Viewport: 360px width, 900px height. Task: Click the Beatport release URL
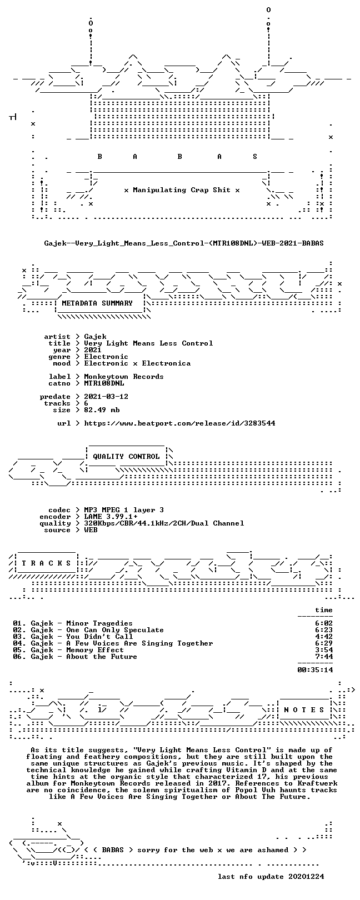click(x=179, y=423)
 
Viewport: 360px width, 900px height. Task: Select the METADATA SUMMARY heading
click(x=97, y=303)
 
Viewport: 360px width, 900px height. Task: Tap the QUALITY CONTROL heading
click(x=126, y=457)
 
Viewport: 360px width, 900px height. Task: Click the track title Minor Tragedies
click(x=99, y=623)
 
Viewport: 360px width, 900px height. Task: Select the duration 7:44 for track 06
click(x=324, y=657)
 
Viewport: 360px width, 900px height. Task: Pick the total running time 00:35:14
click(x=316, y=670)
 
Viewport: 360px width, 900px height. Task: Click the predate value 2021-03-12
click(x=106, y=397)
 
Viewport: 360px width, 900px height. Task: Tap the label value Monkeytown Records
click(x=124, y=377)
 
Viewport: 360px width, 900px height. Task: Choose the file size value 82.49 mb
click(x=102, y=410)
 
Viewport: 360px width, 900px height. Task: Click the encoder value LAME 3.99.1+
click(x=111, y=517)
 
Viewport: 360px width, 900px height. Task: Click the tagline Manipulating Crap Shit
click(x=182, y=190)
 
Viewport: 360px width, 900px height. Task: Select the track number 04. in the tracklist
click(x=19, y=644)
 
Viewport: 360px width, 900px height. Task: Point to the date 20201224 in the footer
click(x=306, y=877)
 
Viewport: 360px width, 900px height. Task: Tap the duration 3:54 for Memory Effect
click(x=324, y=650)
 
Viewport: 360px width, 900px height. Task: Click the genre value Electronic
click(x=106, y=357)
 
